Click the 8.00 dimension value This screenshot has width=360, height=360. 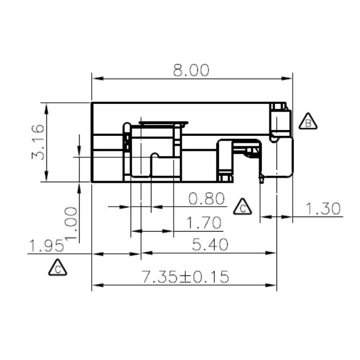pos(190,70)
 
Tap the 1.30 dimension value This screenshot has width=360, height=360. pos(322,210)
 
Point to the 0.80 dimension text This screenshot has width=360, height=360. pos(207,199)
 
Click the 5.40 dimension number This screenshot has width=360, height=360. pos(209,246)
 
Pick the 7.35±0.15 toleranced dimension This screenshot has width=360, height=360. pos(185,276)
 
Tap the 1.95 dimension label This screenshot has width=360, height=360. pos(46,246)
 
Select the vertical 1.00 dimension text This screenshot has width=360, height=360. pos(71,223)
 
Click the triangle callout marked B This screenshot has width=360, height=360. pos(308,122)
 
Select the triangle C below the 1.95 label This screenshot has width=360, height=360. pos(57,268)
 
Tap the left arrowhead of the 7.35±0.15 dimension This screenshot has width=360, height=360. pos(96,285)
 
